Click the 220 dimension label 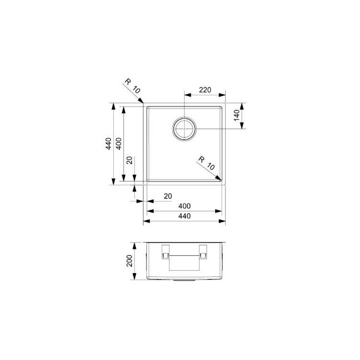pyautogui.click(x=205, y=90)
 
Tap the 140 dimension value pyautogui.click(x=237, y=115)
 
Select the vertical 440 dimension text pyautogui.click(x=108, y=144)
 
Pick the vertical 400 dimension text pyautogui.click(x=119, y=144)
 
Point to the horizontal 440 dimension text pyautogui.click(x=184, y=216)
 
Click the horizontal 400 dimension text pyautogui.click(x=184, y=206)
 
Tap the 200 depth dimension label pyautogui.click(x=130, y=261)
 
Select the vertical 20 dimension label pyautogui.click(x=130, y=160)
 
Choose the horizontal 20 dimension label pyautogui.click(x=168, y=196)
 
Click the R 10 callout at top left pyautogui.click(x=132, y=86)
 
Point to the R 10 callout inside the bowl pyautogui.click(x=206, y=163)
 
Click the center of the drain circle pyautogui.click(x=184, y=129)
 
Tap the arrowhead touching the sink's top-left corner pyautogui.click(x=141, y=100)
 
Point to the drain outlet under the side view pyautogui.click(x=184, y=280)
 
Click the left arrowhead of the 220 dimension pyautogui.click(x=188, y=95)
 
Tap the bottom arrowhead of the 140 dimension pyautogui.click(x=241, y=125)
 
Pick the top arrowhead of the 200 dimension pyautogui.click(x=134, y=246)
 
